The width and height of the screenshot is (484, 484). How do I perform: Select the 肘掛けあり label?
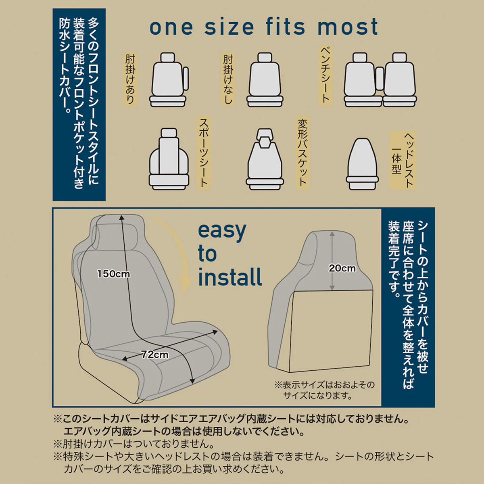pyautogui.click(x=130, y=79)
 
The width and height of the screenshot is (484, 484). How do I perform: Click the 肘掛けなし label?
pyautogui.click(x=228, y=79)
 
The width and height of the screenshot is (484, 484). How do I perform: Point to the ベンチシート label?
pyautogui.click(x=326, y=75)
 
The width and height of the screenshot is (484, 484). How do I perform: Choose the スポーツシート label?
pyautogui.click(x=204, y=153)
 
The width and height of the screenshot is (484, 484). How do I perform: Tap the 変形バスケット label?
pyautogui.click(x=302, y=153)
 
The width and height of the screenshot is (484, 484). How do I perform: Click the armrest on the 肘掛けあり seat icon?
pyautogui.click(x=186, y=79)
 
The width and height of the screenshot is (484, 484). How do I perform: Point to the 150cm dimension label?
pyautogui.click(x=113, y=274)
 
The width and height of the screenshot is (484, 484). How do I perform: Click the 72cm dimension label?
pyautogui.click(x=155, y=355)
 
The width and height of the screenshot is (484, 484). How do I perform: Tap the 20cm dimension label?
pyautogui.click(x=342, y=268)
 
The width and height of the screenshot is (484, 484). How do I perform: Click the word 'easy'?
pyautogui.click(x=222, y=232)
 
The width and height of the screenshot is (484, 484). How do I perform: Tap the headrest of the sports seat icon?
pyautogui.click(x=169, y=133)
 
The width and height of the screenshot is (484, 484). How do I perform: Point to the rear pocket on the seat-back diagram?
pyautogui.click(x=331, y=331)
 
